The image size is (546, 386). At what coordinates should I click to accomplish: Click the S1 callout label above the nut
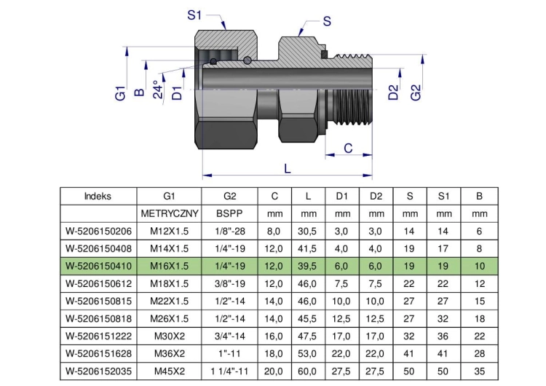click(194, 15)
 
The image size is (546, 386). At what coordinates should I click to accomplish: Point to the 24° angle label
click(158, 90)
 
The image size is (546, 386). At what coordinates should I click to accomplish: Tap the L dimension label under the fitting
click(288, 169)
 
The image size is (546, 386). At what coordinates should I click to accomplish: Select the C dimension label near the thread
click(348, 148)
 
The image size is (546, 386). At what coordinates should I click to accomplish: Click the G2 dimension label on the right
click(416, 92)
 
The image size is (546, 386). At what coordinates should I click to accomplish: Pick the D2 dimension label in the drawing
click(393, 92)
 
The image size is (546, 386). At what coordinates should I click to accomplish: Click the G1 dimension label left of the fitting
click(120, 93)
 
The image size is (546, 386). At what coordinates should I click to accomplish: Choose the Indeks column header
click(98, 196)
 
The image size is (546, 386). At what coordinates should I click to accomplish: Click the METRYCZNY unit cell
click(170, 213)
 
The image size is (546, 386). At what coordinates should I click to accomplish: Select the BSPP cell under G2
click(229, 213)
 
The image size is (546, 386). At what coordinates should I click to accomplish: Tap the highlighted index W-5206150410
click(98, 266)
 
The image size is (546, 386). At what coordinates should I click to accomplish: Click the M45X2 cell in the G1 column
click(170, 371)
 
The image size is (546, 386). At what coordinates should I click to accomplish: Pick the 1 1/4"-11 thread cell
click(229, 371)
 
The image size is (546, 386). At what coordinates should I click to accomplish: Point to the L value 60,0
click(307, 371)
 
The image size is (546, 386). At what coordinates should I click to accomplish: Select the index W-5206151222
click(98, 336)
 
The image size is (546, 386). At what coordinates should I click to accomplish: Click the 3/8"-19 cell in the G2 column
click(229, 283)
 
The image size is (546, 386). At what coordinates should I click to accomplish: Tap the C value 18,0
click(273, 354)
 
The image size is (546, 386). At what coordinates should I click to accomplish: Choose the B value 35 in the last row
click(480, 371)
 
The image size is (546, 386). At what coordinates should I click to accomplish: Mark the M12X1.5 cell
click(169, 231)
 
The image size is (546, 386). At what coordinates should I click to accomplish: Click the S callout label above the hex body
click(327, 21)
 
